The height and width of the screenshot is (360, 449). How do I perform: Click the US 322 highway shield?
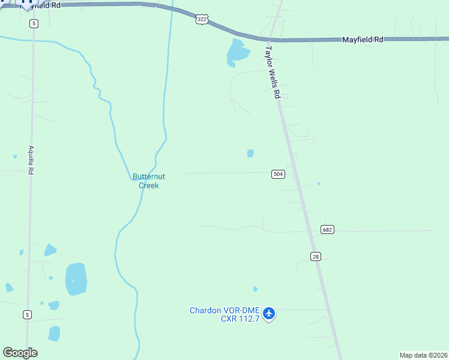[202, 20]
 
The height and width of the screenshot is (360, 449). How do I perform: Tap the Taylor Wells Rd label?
[273, 72]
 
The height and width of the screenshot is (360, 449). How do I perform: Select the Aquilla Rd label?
[31, 160]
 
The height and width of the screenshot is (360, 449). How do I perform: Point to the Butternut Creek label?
[145, 181]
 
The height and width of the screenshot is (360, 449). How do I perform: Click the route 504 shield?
[278, 174]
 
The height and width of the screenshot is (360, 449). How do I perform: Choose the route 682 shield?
[327, 230]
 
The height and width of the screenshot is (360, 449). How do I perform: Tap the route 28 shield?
[316, 256]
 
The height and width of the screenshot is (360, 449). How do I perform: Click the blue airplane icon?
[269, 313]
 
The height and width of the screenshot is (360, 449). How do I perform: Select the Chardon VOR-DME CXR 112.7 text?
[224, 314]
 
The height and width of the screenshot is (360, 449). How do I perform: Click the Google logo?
[20, 353]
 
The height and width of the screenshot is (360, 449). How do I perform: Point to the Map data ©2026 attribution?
[424, 355]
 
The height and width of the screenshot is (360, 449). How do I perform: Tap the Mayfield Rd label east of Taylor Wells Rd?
[363, 40]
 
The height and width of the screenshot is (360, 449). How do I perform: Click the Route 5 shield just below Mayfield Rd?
[34, 23]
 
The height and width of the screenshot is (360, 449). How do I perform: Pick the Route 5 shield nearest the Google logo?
[27, 314]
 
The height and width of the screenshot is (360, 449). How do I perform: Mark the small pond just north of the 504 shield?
[250, 153]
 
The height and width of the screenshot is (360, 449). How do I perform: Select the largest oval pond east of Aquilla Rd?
[76, 279]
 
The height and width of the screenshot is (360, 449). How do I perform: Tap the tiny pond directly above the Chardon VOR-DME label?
[255, 289]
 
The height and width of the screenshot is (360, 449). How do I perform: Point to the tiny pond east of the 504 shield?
[319, 184]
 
